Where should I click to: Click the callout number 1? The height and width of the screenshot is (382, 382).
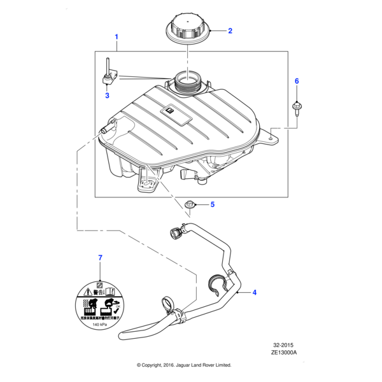pos(117,38)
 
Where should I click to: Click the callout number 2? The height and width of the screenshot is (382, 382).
pos(230,31)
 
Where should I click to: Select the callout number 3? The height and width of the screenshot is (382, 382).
pos(107,96)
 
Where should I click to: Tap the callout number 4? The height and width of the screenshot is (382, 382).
pos(255,292)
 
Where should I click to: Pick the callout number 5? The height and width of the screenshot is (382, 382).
pos(213,204)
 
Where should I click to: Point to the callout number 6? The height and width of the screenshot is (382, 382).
pos(296,81)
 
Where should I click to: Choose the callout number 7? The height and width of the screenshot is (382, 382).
pos(99,257)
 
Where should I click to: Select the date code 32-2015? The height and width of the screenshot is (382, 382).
pos(286,345)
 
